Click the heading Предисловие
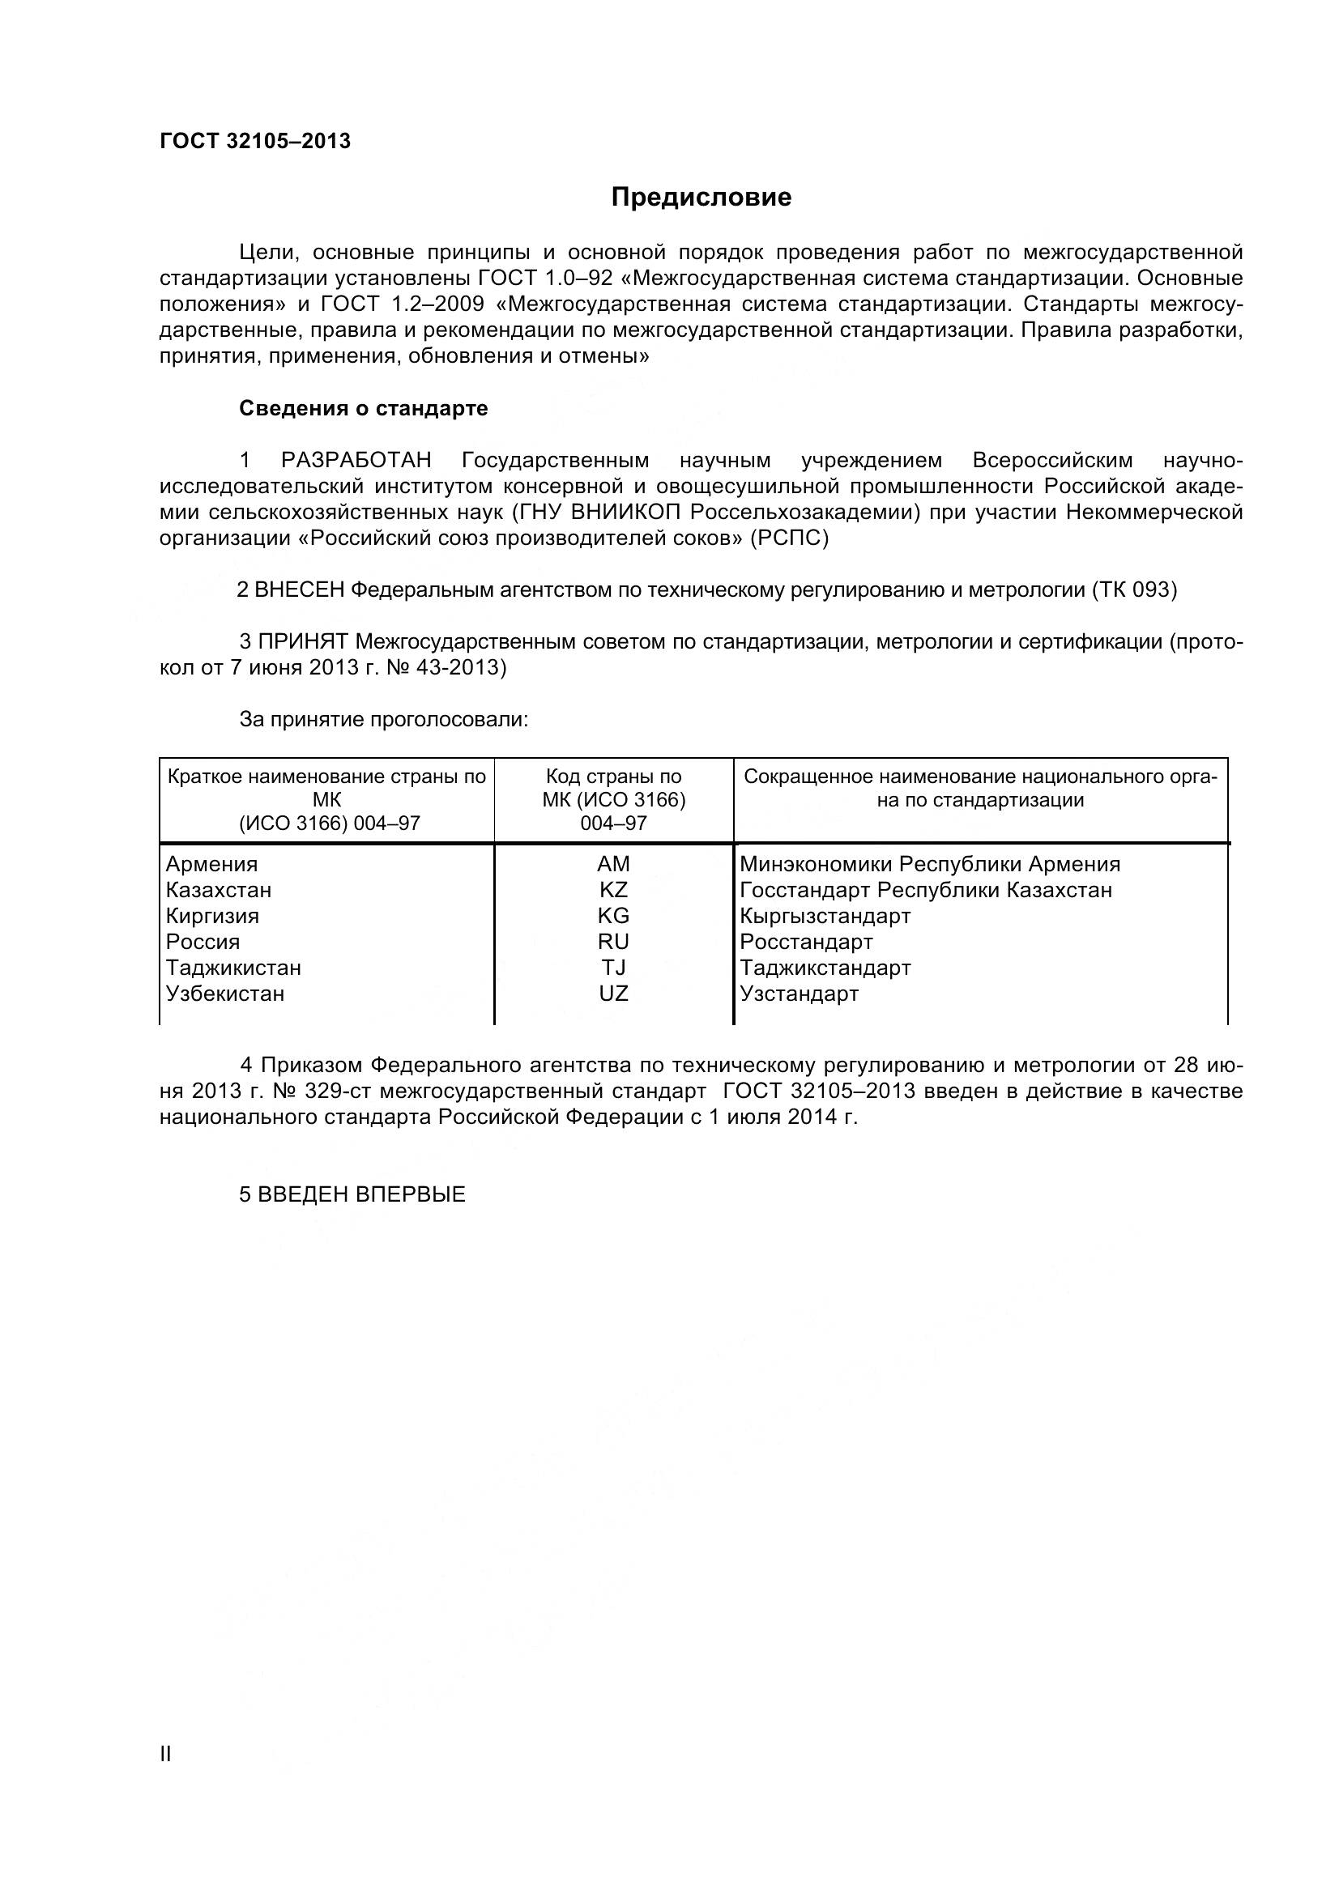pyautogui.click(x=701, y=197)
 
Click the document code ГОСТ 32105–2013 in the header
pyautogui.click(x=255, y=142)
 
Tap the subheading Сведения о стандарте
pyautogui.click(x=363, y=408)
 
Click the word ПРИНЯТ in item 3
pyautogui.click(x=305, y=642)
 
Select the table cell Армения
pyautogui.click(x=212, y=864)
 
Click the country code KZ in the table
pyautogui.click(x=613, y=890)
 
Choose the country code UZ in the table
pyautogui.click(x=613, y=994)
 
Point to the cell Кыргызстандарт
pyautogui.click(x=825, y=916)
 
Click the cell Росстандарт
pyautogui.click(x=806, y=941)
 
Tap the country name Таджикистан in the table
pyautogui.click(x=233, y=968)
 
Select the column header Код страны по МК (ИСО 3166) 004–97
pyautogui.click(x=613, y=799)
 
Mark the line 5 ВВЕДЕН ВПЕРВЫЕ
pyautogui.click(x=352, y=1194)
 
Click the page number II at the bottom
pyautogui.click(x=165, y=1754)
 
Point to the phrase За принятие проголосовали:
pyautogui.click(x=383, y=719)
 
